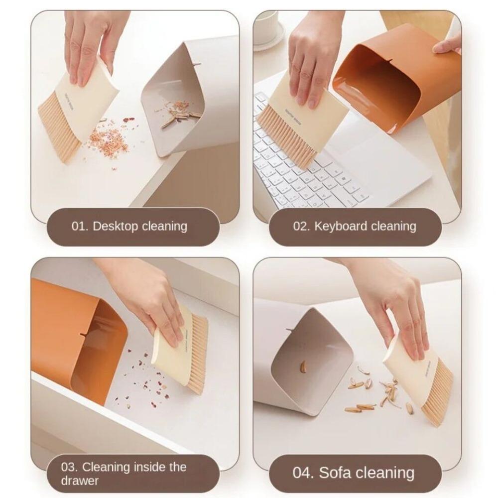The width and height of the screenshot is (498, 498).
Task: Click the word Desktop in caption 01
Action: pyautogui.click(x=115, y=226)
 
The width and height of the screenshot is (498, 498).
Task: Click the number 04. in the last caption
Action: pyautogui.click(x=303, y=472)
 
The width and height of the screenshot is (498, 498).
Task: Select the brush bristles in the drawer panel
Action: pyautogui.click(x=197, y=354)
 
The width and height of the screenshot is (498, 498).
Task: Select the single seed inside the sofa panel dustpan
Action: pyautogui.click(x=303, y=367)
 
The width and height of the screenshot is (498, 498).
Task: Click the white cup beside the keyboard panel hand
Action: pyautogui.click(x=266, y=27)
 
